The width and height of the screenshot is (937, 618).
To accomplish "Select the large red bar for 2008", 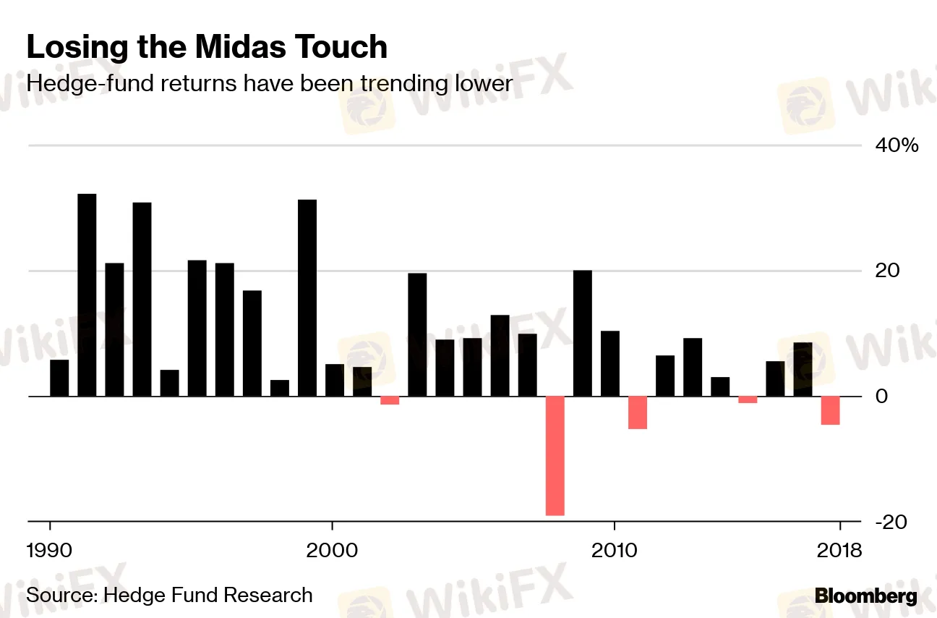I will [x=555, y=455].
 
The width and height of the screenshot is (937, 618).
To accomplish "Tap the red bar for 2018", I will [x=831, y=410].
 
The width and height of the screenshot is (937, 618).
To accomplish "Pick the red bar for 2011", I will [x=638, y=412].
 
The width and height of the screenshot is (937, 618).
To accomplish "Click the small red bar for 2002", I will [x=390, y=400].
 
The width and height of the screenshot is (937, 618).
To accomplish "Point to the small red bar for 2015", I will [x=748, y=399].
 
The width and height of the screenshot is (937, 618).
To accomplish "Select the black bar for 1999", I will [x=307, y=297].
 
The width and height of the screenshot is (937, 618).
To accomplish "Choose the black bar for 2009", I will [x=583, y=333].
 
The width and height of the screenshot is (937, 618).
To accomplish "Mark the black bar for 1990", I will [x=59, y=378].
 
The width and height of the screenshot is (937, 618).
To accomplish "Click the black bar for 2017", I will [x=803, y=369].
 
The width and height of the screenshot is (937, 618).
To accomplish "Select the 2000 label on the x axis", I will [x=332, y=551].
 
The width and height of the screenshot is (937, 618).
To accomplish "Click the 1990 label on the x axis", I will [x=50, y=551].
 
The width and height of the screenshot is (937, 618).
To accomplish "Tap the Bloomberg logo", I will [x=865, y=596].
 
